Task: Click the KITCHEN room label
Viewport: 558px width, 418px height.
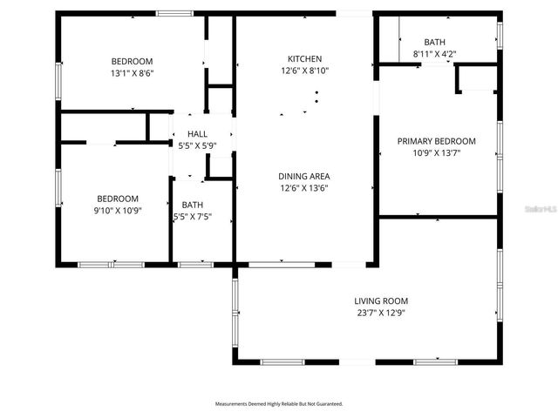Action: (x=305, y=58)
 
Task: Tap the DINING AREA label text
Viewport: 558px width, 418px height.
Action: (x=304, y=175)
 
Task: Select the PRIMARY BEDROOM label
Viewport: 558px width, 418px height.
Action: (x=436, y=141)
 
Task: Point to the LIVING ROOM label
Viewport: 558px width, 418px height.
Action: (x=381, y=300)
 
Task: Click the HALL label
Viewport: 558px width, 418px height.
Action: (x=197, y=133)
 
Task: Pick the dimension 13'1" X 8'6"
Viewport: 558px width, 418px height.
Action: (x=132, y=73)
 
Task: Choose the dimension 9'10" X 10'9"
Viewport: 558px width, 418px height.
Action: (x=118, y=210)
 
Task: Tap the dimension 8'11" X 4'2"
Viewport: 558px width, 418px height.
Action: (x=433, y=54)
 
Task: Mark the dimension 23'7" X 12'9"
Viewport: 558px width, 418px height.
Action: (x=381, y=313)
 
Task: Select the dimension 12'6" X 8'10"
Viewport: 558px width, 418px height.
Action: (x=304, y=71)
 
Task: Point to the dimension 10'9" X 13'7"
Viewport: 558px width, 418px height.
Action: (x=436, y=153)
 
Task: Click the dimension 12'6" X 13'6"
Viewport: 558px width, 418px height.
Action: (x=304, y=187)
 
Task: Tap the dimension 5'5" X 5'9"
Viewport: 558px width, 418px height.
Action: (x=197, y=145)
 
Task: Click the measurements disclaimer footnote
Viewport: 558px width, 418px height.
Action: (x=279, y=404)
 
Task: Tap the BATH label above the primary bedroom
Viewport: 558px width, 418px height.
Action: (x=433, y=42)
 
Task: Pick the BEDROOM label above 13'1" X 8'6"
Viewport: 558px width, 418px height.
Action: (x=132, y=61)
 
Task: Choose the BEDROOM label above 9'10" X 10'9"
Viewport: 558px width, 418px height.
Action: (x=118, y=198)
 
